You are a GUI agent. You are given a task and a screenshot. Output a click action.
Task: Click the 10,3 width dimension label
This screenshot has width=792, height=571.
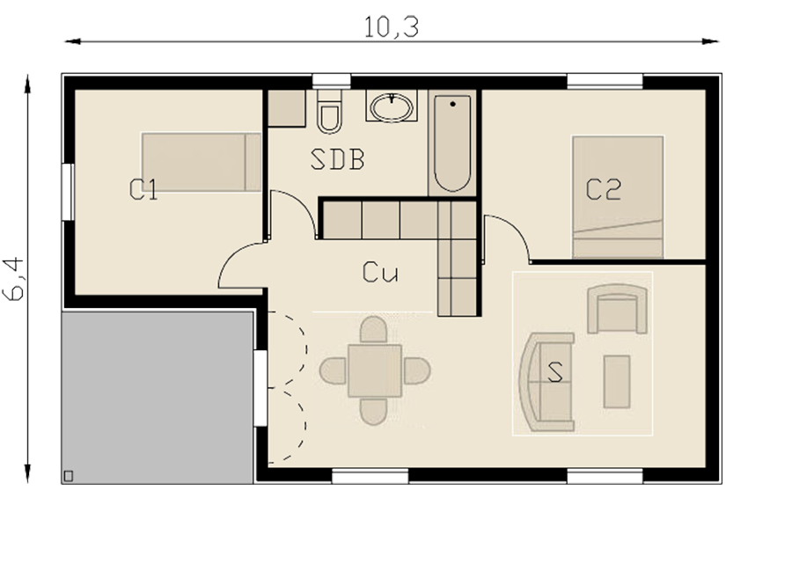pyautogui.click(x=392, y=26)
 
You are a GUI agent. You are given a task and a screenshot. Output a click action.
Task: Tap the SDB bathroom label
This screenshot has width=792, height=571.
pyautogui.click(x=337, y=159)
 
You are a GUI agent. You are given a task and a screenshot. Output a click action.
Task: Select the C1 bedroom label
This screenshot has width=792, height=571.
pyautogui.click(x=143, y=190)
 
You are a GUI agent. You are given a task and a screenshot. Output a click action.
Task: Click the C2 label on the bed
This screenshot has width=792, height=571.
pyautogui.click(x=604, y=190)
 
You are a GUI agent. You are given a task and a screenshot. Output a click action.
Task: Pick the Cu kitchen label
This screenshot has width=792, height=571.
pyautogui.click(x=380, y=273)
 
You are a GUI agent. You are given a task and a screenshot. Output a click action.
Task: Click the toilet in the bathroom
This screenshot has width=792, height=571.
pyautogui.click(x=329, y=112)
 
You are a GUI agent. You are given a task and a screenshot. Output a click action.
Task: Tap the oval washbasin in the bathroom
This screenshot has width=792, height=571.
pyautogui.click(x=392, y=107)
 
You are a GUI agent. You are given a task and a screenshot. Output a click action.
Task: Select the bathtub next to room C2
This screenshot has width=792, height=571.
pyautogui.click(x=452, y=143)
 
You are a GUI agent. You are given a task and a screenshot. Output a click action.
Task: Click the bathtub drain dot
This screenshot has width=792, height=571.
pyautogui.click(x=452, y=104)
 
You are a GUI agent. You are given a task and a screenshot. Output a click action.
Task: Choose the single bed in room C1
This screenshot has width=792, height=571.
pyautogui.click(x=202, y=162)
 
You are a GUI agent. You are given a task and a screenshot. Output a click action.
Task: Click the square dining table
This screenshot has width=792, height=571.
pyautogui.click(x=375, y=370)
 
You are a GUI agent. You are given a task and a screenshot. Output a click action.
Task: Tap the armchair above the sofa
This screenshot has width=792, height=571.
pyautogui.click(x=617, y=309)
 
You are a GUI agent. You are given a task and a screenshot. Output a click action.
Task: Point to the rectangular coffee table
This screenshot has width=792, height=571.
pyautogui.click(x=617, y=381)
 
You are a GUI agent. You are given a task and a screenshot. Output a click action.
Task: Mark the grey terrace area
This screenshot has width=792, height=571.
pyautogui.click(x=158, y=398)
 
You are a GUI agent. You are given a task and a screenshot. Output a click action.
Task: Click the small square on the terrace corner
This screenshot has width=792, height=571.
pyautogui.click(x=69, y=476)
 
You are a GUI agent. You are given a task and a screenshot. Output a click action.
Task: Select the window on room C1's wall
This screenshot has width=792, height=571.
pyautogui.click(x=68, y=192)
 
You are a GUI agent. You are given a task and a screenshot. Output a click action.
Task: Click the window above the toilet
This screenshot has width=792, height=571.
pyautogui.click(x=332, y=81)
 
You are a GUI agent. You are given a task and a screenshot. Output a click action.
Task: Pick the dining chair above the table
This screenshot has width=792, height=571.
pyautogui.click(x=374, y=329)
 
